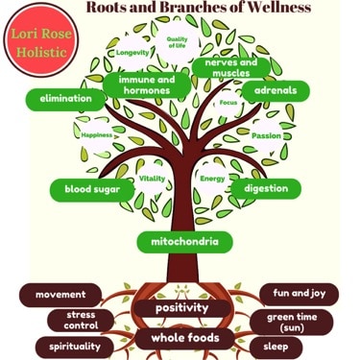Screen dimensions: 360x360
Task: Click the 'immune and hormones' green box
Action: pyautogui.click(x=147, y=84)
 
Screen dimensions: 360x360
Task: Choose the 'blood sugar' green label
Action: pyautogui.click(x=91, y=189)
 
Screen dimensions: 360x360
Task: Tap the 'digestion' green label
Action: pyautogui.click(x=266, y=188)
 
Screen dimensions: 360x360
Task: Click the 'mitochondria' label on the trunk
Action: pyautogui.click(x=178, y=241)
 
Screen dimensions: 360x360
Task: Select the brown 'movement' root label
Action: pyautogui.click(x=61, y=295)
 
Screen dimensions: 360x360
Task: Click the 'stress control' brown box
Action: pyautogui.click(x=81, y=321)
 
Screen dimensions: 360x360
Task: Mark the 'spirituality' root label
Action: pyautogui.click(x=66, y=346)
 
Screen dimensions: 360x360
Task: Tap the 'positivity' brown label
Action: pyautogui.click(x=182, y=309)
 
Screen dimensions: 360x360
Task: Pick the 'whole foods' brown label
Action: pyautogui.click(x=183, y=338)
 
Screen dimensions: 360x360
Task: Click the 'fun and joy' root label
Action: pyautogui.click(x=299, y=294)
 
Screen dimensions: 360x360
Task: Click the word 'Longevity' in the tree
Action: pyautogui.click(x=132, y=52)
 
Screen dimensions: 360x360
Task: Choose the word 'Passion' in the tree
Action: pyautogui.click(x=266, y=135)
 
